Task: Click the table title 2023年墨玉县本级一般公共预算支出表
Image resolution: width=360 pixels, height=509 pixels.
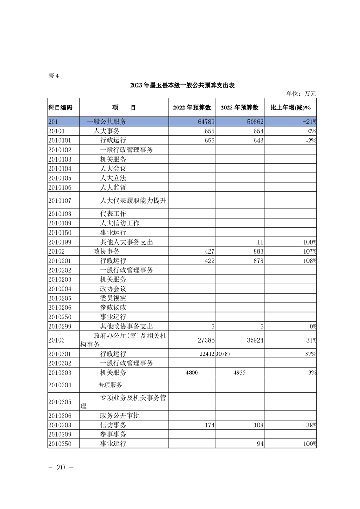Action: coord(182,85)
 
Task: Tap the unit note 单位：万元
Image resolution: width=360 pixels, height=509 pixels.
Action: coord(301,93)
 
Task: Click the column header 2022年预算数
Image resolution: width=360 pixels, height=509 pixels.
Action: coord(192,108)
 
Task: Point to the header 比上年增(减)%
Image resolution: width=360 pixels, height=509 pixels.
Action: coord(290,108)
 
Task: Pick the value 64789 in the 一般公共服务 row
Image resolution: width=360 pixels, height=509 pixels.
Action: coord(205,122)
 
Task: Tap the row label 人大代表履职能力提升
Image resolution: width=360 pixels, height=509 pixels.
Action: coord(133,201)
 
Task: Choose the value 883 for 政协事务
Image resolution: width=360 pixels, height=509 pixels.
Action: coord(257,251)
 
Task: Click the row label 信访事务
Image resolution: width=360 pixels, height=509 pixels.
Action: coord(113,425)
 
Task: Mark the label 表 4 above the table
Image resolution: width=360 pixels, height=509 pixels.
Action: coord(54,76)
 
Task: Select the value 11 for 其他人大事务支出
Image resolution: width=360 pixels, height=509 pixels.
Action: coord(260,242)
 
